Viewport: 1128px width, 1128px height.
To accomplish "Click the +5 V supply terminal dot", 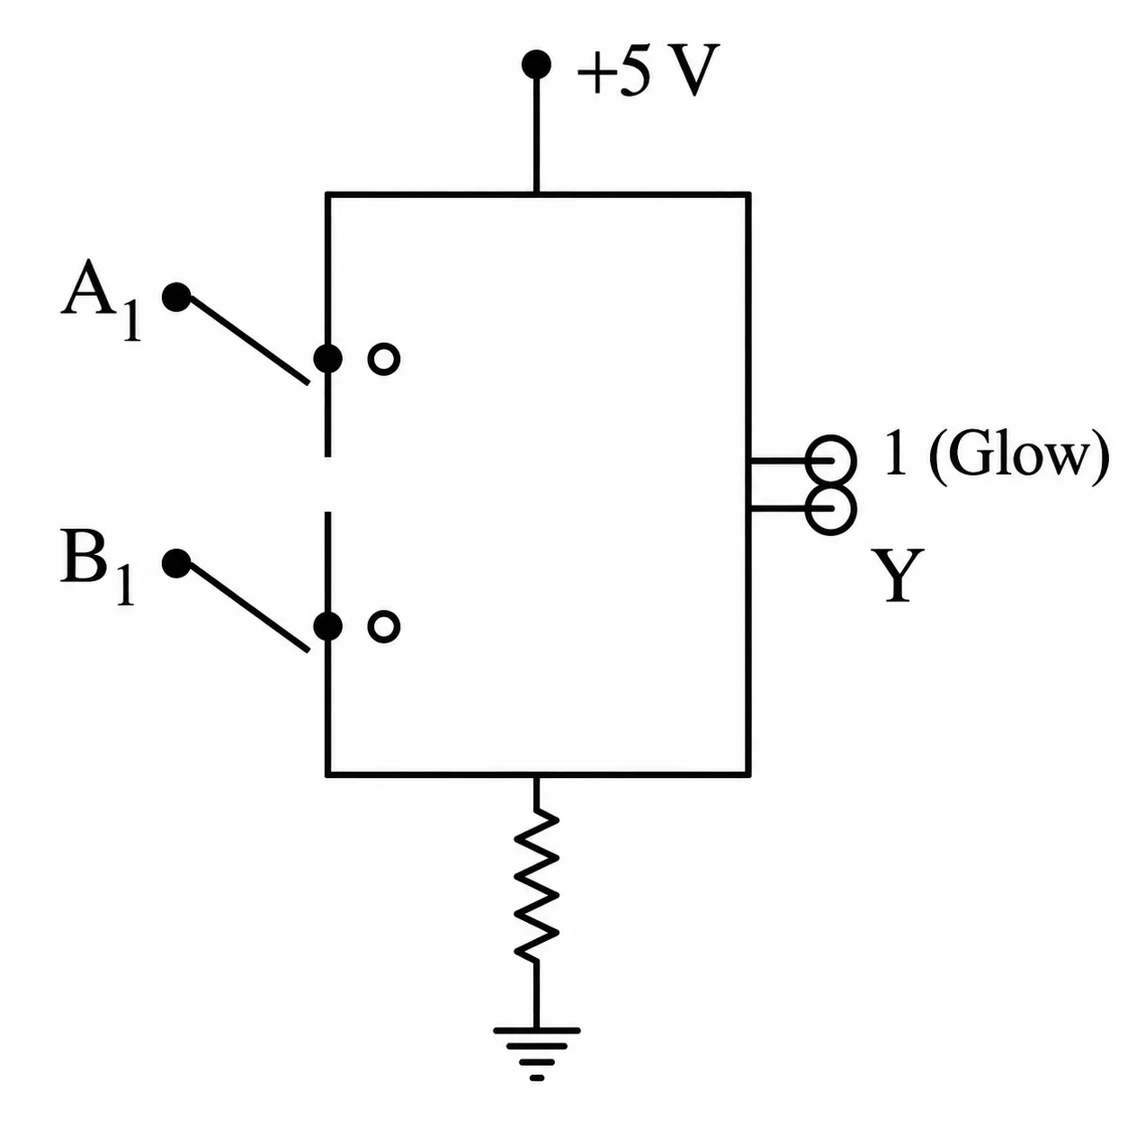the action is click(535, 64).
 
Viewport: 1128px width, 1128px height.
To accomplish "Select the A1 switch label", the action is click(102, 300).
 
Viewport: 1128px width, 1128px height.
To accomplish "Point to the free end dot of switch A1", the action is click(176, 297).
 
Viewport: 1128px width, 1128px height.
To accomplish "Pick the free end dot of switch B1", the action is click(176, 563).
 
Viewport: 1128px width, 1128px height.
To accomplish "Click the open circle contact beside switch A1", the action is click(384, 359).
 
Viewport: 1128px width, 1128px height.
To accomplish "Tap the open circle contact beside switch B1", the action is click(384, 627).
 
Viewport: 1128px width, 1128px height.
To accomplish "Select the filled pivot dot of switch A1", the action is click(327, 358).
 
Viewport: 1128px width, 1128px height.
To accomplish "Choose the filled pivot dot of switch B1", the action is click(327, 626).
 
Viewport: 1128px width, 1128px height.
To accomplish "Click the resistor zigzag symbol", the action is click(535, 886).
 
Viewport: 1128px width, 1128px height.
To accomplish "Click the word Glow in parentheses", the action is click(1017, 459).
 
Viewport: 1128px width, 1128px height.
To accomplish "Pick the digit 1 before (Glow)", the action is click(895, 453).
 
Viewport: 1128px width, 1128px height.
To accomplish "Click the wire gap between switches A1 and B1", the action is click(327, 484).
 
